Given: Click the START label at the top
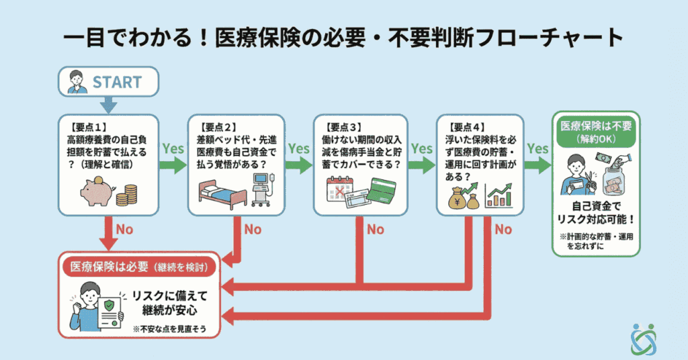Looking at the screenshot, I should pyautogui.click(x=117, y=82).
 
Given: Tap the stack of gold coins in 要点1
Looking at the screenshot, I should pyautogui.click(x=126, y=196).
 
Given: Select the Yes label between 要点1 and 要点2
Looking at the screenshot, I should pyautogui.click(x=173, y=148).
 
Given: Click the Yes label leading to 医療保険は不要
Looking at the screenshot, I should pyautogui.click(x=537, y=148).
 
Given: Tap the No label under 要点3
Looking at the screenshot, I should pyautogui.click(x=375, y=229).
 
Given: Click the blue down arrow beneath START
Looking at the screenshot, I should pyautogui.click(x=108, y=105).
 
